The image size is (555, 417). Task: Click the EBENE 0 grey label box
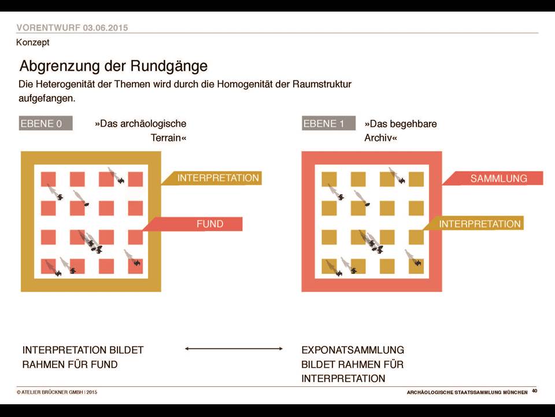46,123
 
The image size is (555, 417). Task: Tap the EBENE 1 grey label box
328,123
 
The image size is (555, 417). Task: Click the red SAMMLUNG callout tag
493,178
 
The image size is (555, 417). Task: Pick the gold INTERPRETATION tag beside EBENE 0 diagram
212,178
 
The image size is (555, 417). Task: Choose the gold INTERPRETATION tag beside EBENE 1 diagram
473,224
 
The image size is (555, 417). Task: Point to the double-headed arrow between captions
234,349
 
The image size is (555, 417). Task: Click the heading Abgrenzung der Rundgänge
114,66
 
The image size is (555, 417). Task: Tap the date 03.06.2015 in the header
105,28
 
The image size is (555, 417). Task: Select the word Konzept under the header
33,42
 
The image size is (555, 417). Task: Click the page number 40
534,391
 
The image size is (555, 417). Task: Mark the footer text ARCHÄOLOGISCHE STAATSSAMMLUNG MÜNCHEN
467,392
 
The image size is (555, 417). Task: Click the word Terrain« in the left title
168,138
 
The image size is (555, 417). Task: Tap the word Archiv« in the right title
381,138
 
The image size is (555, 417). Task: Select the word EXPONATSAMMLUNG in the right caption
353,350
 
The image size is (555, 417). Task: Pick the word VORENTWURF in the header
48,28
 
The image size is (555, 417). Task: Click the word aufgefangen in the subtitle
46,98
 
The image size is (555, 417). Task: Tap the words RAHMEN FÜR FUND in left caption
70,364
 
